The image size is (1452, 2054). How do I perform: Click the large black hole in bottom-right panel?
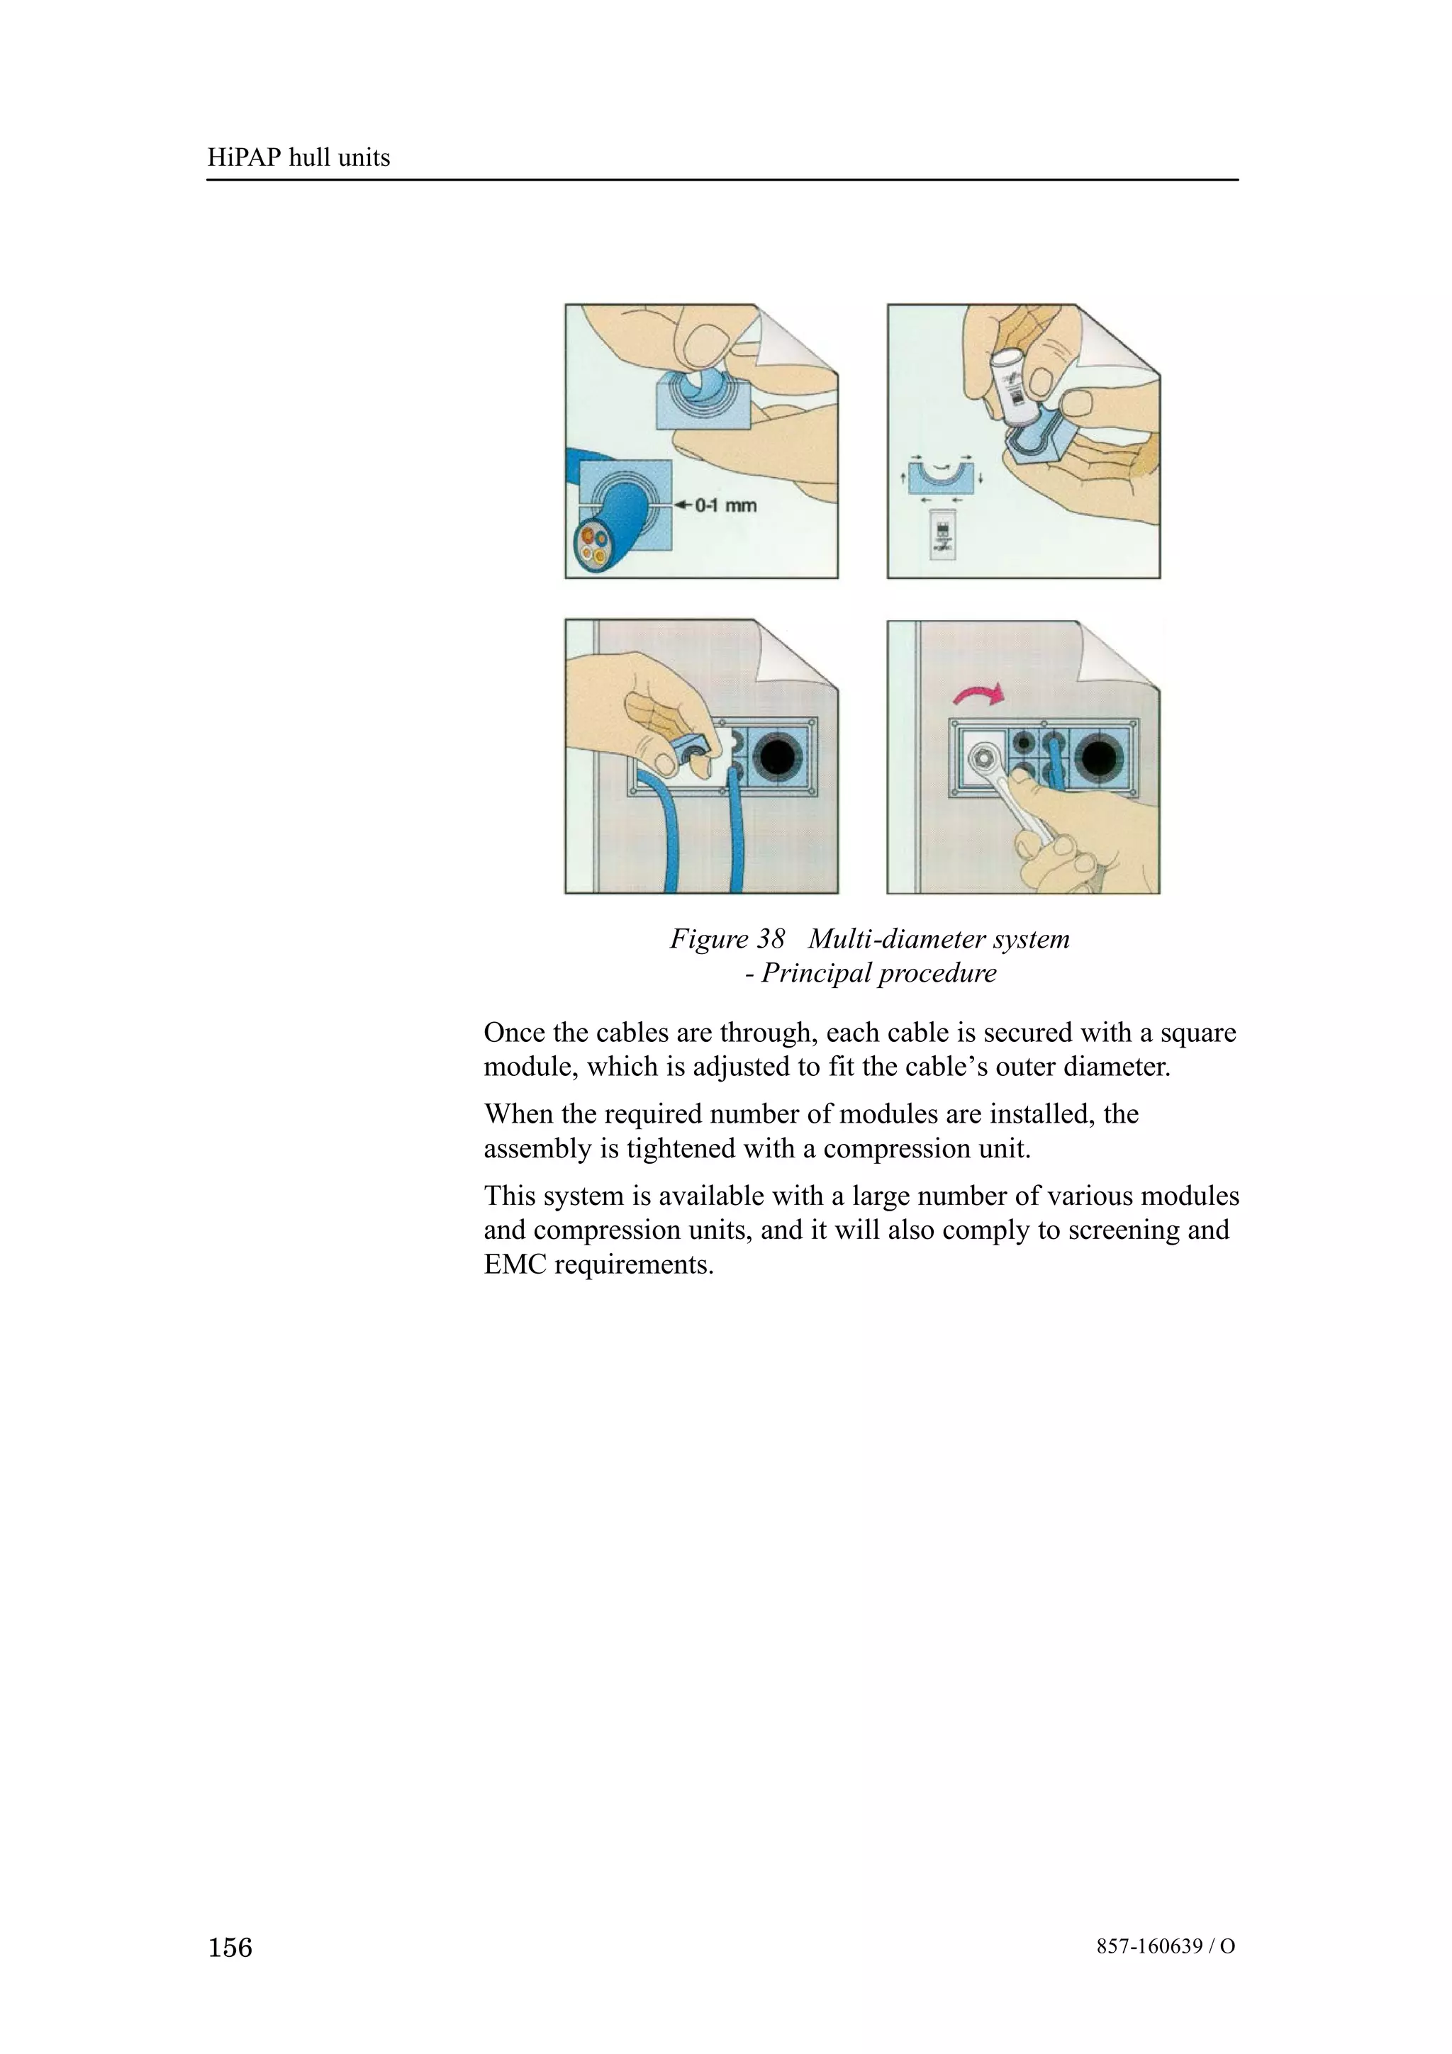tap(1103, 758)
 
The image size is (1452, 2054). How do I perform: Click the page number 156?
tap(230, 1947)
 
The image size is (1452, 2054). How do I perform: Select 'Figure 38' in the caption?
tap(727, 939)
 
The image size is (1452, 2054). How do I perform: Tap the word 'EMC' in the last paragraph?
tap(515, 1265)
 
